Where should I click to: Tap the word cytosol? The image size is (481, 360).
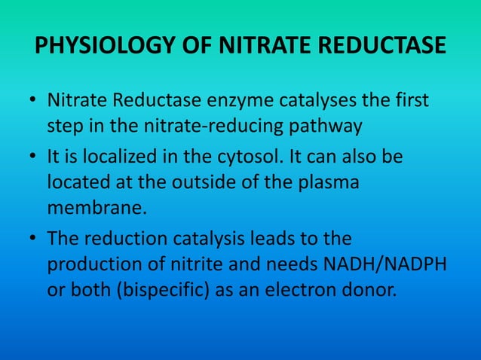click(x=253, y=160)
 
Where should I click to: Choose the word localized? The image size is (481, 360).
click(x=117, y=160)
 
